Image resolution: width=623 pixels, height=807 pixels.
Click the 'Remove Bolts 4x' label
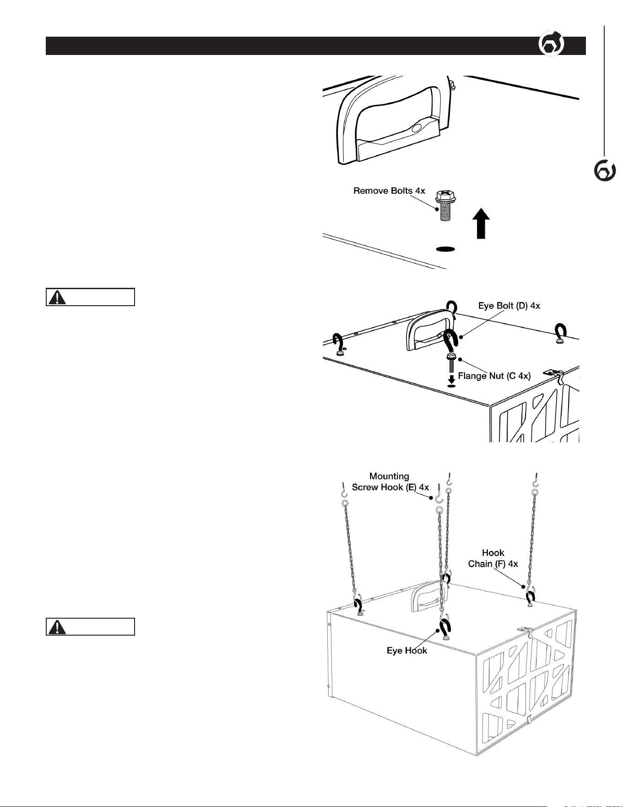pyautogui.click(x=389, y=191)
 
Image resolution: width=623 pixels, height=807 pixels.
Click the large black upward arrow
pyautogui.click(x=481, y=223)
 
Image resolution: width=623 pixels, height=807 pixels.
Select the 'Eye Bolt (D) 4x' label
pyautogui.click(x=509, y=305)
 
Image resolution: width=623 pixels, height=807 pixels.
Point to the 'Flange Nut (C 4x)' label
pyautogui.click(x=494, y=376)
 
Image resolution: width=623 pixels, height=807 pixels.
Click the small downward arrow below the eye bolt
pyautogui.click(x=451, y=379)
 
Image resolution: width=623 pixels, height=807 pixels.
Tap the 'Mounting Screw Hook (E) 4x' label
pyautogui.click(x=390, y=482)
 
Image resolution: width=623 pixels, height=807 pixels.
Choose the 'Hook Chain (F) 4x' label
pyautogui.click(x=493, y=558)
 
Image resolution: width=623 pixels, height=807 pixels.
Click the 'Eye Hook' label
pyautogui.click(x=407, y=650)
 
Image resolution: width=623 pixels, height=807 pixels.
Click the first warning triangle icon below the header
pyautogui.click(x=57, y=297)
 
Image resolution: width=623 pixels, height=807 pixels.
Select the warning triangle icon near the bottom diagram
pyautogui.click(x=57, y=626)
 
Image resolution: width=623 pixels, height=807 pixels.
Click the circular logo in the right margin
pyautogui.click(x=604, y=171)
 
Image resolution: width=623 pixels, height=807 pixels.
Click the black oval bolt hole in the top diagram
pyautogui.click(x=445, y=249)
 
